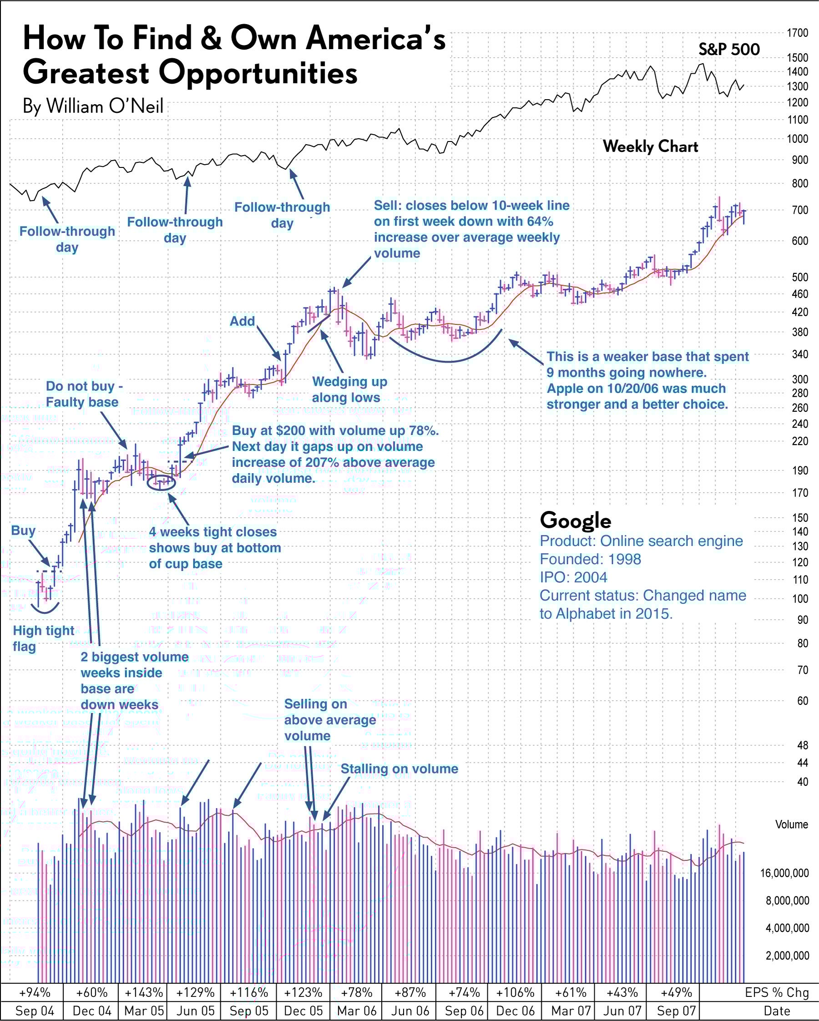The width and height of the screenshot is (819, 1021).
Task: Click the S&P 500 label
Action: coord(729,49)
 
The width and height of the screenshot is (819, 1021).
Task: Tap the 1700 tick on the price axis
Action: coord(797,33)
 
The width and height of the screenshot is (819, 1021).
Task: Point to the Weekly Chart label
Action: coord(650,147)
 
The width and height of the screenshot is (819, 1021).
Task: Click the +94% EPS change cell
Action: coord(35,992)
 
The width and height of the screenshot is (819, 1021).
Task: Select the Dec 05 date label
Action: coord(303,1011)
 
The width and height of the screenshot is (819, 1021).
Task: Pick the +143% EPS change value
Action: coord(144,992)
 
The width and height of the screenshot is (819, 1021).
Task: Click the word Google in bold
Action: coord(576,521)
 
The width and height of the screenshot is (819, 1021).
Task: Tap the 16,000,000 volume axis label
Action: coord(784,873)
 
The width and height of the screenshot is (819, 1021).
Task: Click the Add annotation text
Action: coord(242,322)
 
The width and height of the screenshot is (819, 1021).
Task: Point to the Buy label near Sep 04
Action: coord(23,531)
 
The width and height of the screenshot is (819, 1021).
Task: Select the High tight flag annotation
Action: coord(43,638)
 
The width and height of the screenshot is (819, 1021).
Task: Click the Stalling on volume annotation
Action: coord(399,768)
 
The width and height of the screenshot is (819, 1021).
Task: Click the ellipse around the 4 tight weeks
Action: coord(162,483)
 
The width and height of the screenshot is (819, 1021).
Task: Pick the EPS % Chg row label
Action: coord(777,992)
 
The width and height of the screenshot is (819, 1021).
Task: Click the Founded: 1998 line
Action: coord(590,559)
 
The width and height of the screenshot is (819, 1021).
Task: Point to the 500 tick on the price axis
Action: coord(800,278)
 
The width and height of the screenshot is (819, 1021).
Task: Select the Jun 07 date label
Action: coord(622,1011)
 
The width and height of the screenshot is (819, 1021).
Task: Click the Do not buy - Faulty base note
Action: coord(84,394)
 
